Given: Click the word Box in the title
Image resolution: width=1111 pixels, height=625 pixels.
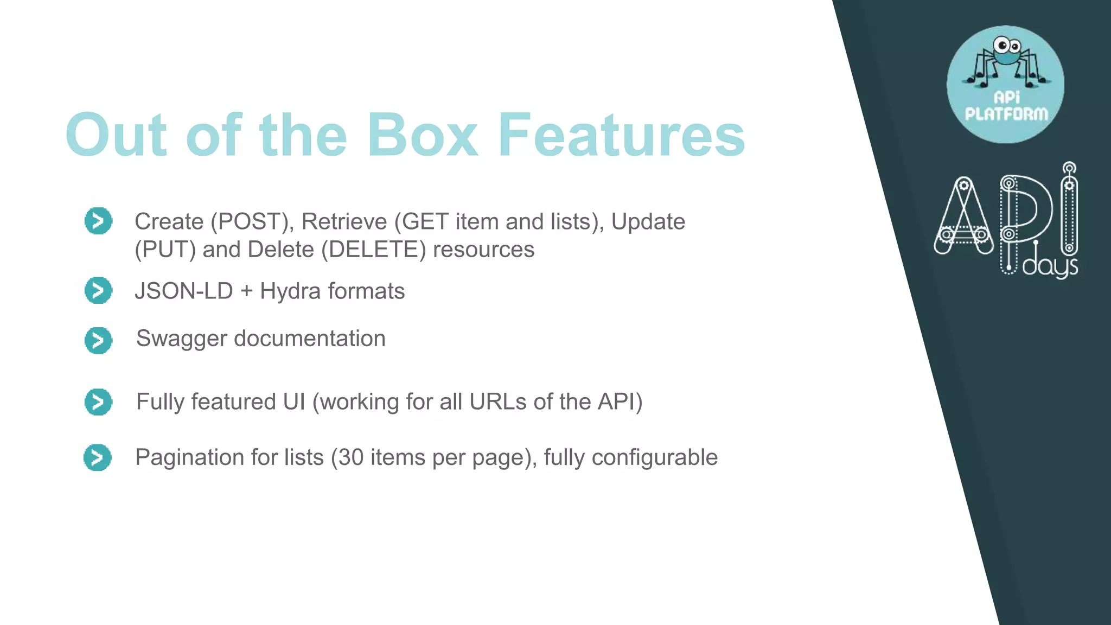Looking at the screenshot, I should pyautogui.click(x=422, y=135).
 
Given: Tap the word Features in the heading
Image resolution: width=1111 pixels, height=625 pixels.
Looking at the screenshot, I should pyautogui.click(x=622, y=135).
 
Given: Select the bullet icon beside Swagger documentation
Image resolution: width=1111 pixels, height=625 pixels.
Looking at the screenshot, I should pyautogui.click(x=98, y=340).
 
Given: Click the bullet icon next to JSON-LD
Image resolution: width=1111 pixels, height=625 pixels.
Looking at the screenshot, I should pyautogui.click(x=98, y=290).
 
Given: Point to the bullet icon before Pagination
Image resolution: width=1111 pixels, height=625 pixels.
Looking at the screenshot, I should pyautogui.click(x=98, y=457).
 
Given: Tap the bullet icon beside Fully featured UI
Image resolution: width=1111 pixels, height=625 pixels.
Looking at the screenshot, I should pyautogui.click(x=98, y=402).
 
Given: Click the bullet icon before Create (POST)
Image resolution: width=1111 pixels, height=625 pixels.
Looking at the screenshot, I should pyautogui.click(x=98, y=221).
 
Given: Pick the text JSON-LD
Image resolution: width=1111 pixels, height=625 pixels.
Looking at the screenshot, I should pyautogui.click(x=184, y=291).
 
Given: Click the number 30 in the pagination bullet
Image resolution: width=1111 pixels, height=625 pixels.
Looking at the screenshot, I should pyautogui.click(x=351, y=457).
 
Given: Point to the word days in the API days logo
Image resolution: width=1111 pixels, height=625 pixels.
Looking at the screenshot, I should pyautogui.click(x=1050, y=267).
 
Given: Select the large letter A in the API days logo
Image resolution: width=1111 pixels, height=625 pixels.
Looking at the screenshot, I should pyautogui.click(x=963, y=217).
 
